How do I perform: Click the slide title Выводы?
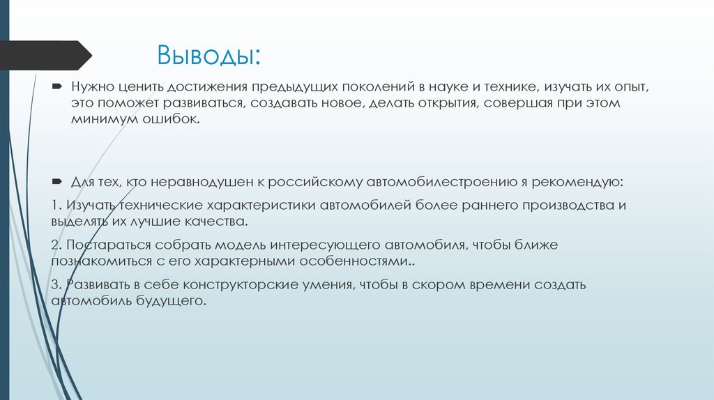tap(208, 54)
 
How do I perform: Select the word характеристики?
tap(262, 207)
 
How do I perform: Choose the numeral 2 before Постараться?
tap(54, 246)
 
